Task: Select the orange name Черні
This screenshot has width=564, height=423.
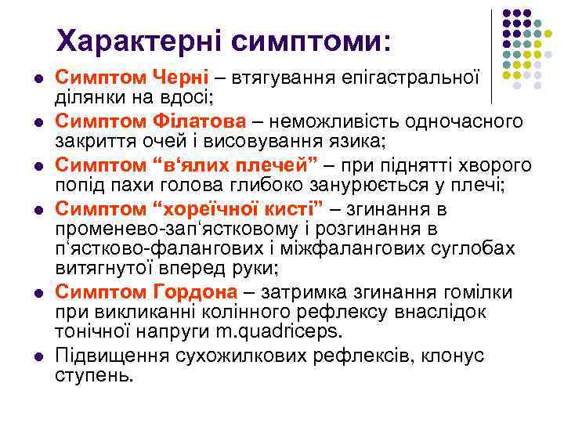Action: tap(182, 78)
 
